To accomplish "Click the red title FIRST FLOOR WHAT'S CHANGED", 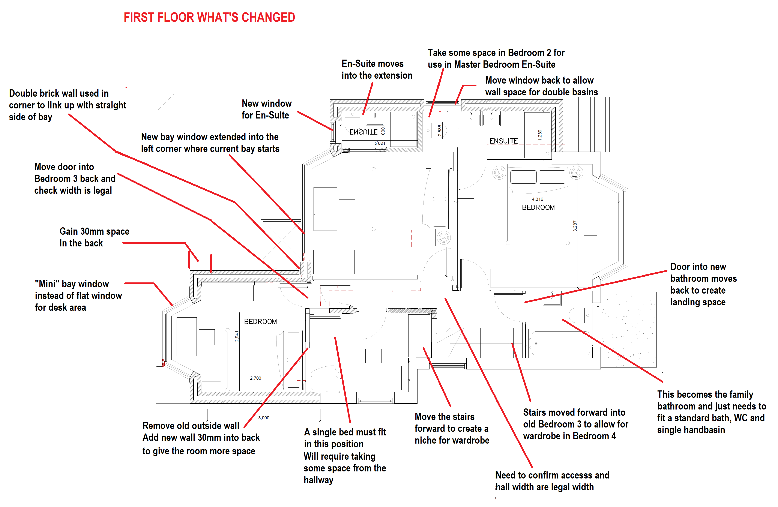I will click(x=209, y=17).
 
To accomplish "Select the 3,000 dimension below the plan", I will click(x=263, y=418).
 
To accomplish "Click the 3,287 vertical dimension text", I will click(x=575, y=226).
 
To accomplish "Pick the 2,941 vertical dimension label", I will click(x=237, y=336).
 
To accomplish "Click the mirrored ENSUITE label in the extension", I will click(x=363, y=132).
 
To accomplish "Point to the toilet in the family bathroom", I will click(x=580, y=315).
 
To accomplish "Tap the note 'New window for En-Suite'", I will click(x=266, y=109).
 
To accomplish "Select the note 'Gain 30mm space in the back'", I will click(x=94, y=237).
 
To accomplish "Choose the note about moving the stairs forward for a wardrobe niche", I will click(x=452, y=429).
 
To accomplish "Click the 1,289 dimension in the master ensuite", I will click(x=540, y=135).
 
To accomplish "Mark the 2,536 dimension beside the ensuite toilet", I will click(x=440, y=130).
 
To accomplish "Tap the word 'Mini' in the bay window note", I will click(x=47, y=284).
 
